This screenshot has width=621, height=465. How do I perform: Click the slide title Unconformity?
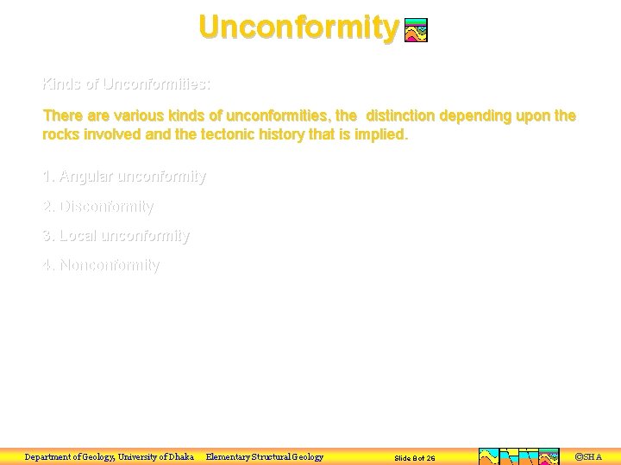tap(298, 27)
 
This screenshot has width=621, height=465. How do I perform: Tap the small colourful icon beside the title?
tap(416, 31)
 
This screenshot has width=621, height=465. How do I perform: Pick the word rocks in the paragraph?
tap(62, 134)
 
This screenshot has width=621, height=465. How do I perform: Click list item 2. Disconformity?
tap(97, 207)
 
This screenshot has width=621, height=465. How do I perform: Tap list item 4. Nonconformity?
tap(101, 265)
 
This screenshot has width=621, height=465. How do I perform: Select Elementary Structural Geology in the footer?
tap(265, 456)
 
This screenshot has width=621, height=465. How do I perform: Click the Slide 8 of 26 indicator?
tap(415, 457)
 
